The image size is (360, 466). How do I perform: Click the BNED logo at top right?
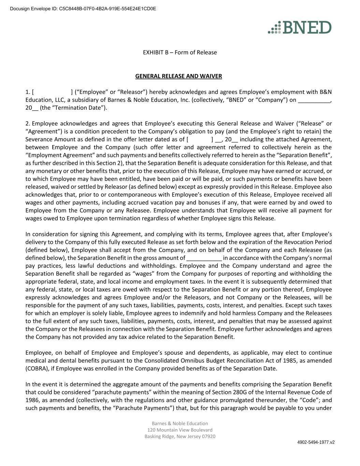300,27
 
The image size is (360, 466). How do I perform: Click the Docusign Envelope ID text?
83,9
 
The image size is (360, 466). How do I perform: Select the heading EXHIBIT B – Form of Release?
179,52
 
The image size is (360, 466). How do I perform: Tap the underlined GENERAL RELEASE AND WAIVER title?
178,76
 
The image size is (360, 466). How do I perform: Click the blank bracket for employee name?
52,92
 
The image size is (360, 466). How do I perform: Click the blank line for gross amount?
204,258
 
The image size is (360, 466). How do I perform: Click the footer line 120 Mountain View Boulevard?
180,430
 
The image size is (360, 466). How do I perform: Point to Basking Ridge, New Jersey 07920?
180,436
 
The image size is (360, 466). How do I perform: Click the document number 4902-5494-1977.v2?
316,442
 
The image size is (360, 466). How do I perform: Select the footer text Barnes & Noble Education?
180,423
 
